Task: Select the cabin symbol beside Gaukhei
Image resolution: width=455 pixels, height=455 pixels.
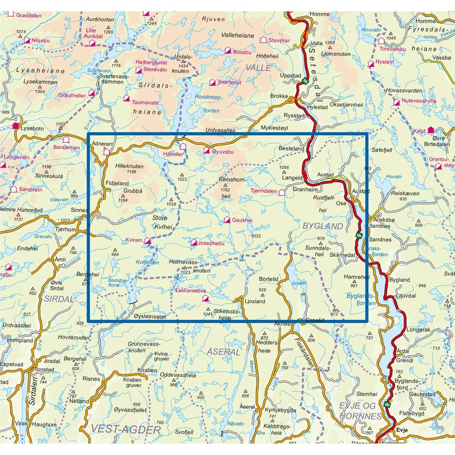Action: click(227, 220)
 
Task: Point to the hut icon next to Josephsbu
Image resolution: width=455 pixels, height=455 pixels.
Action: click(194, 242)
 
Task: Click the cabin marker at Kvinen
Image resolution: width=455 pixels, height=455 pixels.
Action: click(147, 241)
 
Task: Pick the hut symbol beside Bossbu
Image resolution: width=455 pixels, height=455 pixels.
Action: click(228, 50)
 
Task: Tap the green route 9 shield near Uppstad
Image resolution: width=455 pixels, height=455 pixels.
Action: click(304, 80)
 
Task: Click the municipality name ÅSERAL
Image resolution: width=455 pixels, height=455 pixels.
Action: click(224, 352)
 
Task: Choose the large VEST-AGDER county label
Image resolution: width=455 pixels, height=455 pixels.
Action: click(126, 429)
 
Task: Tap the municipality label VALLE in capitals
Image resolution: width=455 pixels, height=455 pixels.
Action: click(258, 68)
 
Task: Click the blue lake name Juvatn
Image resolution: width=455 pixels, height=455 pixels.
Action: click(298, 282)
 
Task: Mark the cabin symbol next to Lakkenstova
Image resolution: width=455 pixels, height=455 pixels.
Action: click(205, 299)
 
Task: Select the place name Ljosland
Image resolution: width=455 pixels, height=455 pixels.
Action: click(255, 301)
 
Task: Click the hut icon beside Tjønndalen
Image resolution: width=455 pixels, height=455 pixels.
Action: click(281, 192)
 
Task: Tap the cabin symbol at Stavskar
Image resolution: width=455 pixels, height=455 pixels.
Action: click(263, 40)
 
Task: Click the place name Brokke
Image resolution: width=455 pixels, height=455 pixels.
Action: click(279, 96)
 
